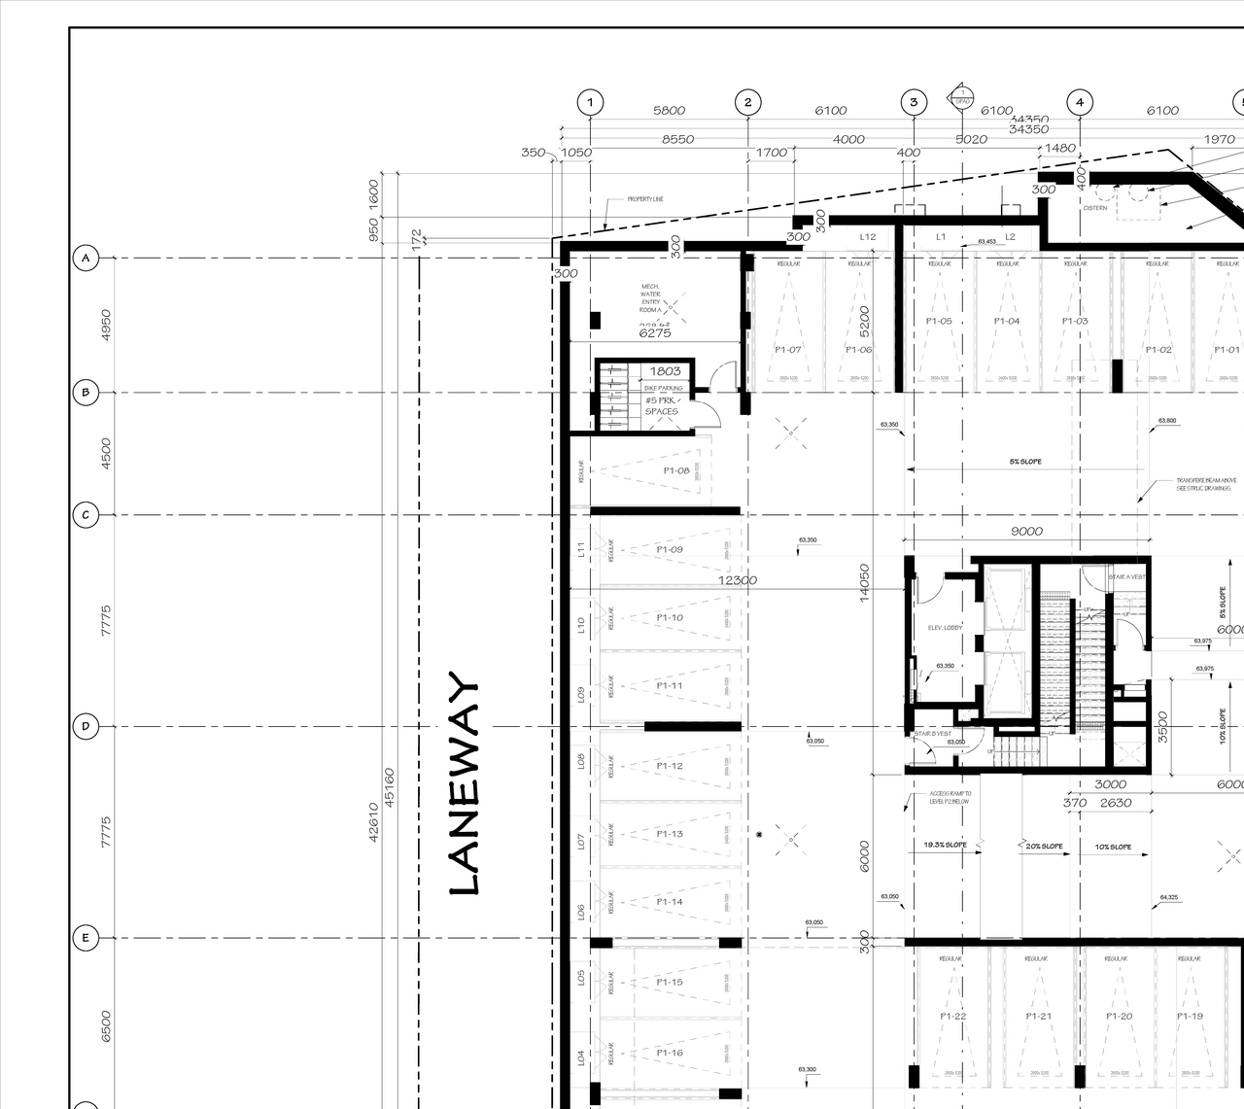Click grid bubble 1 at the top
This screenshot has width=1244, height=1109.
(590, 102)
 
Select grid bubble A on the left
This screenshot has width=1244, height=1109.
(86, 259)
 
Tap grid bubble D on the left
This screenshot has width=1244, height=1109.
(86, 726)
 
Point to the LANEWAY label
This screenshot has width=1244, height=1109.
(465, 782)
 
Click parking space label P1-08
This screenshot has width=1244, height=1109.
(676, 470)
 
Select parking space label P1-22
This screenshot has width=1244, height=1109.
(953, 1017)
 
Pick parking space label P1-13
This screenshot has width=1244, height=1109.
(670, 834)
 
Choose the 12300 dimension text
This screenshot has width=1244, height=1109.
(738, 580)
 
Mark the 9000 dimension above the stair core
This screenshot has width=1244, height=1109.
(1026, 531)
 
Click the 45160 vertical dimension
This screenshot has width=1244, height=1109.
(390, 787)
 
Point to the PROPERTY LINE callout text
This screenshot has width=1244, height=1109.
(645, 199)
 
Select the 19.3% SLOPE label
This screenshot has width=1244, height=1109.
(945, 847)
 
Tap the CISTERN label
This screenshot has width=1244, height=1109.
(1095, 208)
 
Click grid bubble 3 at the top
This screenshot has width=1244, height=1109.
(914, 102)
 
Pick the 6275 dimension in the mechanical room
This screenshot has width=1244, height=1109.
(654, 333)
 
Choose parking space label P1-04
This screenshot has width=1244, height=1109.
(1007, 321)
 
